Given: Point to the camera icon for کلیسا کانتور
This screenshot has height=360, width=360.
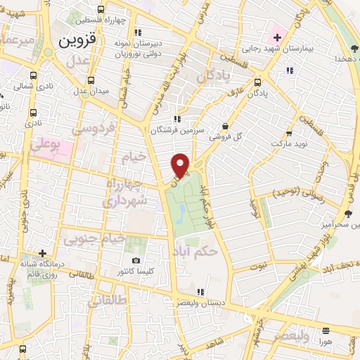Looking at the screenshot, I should (x=136, y=261).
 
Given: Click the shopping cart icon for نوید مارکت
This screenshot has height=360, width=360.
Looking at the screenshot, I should (x=288, y=133).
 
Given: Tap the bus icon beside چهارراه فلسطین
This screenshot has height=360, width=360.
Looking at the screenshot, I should (x=101, y=10).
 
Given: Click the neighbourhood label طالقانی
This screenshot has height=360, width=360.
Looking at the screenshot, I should (x=108, y=300).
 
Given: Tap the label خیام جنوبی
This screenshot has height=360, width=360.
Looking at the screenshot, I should (x=94, y=239).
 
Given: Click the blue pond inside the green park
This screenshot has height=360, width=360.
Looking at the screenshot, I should (x=181, y=211).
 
